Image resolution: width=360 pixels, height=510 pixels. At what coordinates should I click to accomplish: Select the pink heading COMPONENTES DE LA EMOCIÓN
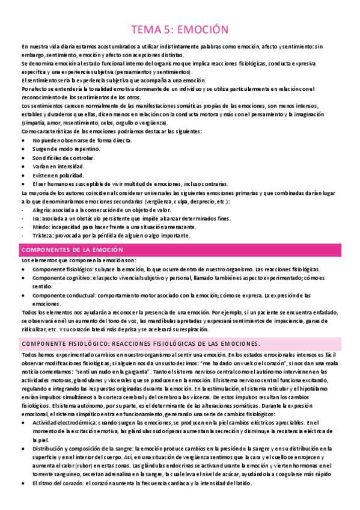point(72,250)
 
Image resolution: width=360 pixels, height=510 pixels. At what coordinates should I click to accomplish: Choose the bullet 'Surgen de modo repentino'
point(67,149)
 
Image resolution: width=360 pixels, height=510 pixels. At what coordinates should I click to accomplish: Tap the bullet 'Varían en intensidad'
point(59,166)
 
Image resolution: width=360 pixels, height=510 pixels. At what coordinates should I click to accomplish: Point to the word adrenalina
point(142,473)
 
